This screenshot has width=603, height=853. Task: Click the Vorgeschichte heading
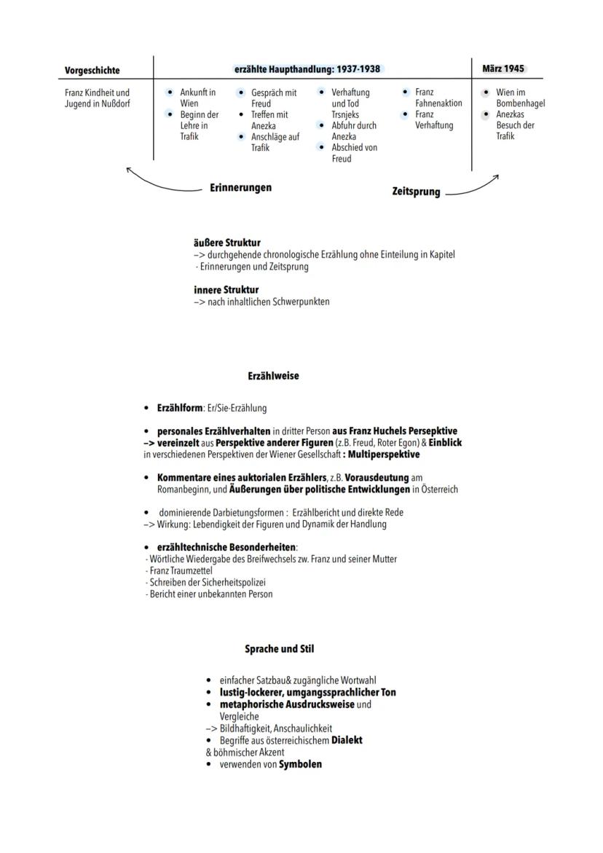click(x=92, y=71)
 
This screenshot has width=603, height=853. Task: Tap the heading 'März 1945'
click(x=502, y=68)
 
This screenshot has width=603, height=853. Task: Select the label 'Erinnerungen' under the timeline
click(x=240, y=188)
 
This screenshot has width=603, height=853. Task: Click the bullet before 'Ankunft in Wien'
click(x=170, y=93)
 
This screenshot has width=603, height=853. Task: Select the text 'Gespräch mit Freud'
click(x=274, y=98)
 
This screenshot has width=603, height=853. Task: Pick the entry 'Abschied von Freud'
click(x=354, y=153)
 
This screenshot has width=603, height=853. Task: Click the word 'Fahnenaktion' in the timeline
click(x=438, y=103)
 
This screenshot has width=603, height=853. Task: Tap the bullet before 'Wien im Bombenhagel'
click(x=486, y=93)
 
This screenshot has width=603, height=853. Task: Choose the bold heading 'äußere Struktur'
click(x=226, y=243)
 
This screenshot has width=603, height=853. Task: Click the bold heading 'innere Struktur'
click(x=226, y=290)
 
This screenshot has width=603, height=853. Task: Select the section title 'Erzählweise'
click(x=273, y=376)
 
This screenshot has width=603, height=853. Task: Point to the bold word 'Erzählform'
click(x=180, y=408)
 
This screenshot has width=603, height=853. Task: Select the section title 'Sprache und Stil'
click(x=280, y=648)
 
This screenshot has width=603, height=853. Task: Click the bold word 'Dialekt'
click(x=347, y=740)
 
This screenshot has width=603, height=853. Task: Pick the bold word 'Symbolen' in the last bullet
click(x=300, y=764)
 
